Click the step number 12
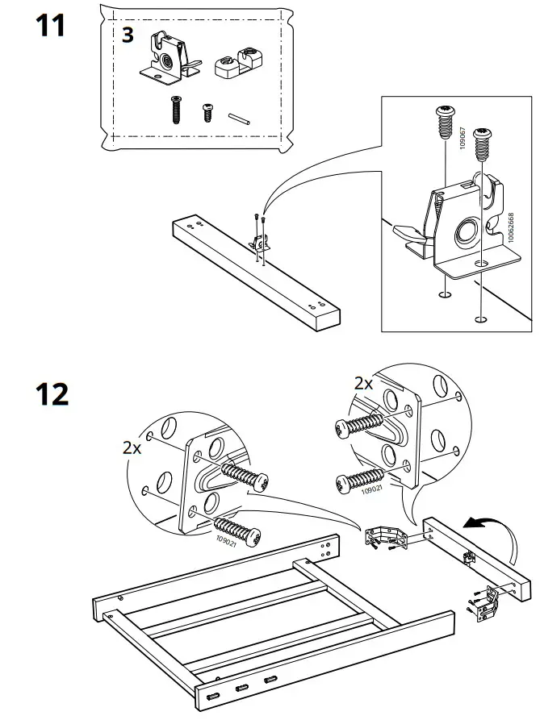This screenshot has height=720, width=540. [52, 394]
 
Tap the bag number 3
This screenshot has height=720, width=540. [128, 35]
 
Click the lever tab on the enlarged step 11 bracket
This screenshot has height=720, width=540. [409, 235]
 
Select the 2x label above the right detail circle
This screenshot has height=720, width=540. [363, 383]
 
